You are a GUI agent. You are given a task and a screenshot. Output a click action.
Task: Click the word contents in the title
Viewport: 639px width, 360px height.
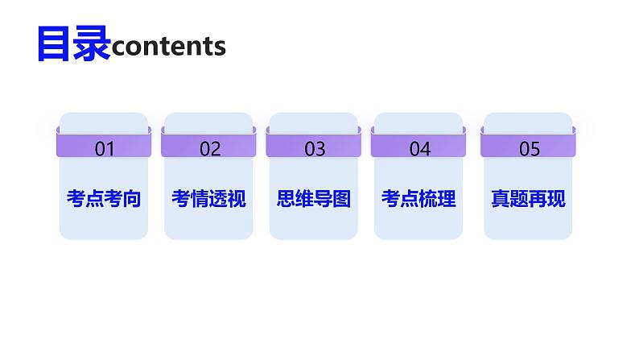169,47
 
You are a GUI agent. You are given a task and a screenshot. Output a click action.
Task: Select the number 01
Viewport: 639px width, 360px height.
105,148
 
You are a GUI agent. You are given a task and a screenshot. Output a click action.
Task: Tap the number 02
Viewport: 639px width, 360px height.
209,148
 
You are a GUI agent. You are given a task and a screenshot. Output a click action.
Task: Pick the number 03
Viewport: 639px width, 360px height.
315,148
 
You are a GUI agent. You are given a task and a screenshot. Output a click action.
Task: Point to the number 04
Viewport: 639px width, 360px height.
419,148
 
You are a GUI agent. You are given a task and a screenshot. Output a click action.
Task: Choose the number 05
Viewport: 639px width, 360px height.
529,148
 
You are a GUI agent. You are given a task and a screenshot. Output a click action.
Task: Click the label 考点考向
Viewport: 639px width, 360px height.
104,199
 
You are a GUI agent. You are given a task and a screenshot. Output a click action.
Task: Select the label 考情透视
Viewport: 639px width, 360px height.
208,199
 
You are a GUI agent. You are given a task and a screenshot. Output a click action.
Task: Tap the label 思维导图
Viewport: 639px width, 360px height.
314,199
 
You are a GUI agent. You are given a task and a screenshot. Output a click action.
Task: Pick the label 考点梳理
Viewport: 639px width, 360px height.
418,199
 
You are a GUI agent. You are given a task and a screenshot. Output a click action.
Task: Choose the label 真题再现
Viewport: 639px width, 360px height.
528,199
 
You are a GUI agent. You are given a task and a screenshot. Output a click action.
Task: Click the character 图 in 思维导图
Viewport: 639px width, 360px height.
342,199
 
